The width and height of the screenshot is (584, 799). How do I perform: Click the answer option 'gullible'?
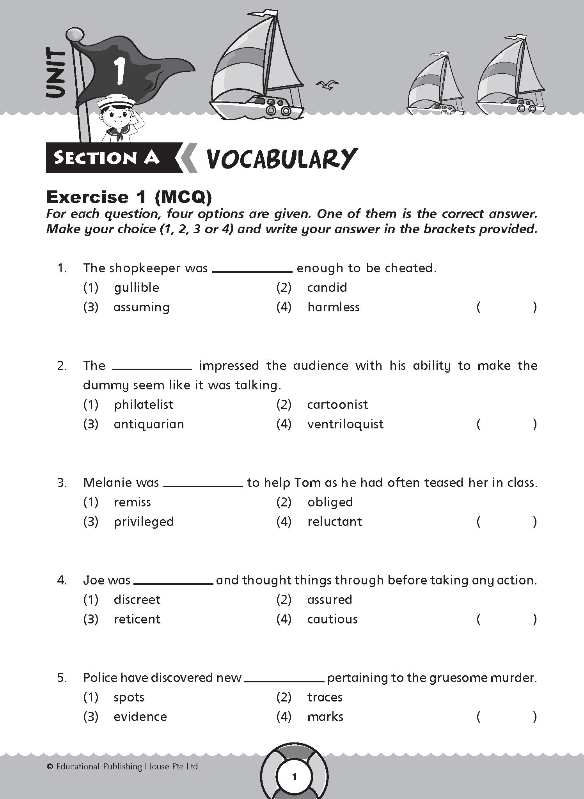[x=137, y=288]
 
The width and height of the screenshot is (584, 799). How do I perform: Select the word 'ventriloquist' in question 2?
[x=345, y=424]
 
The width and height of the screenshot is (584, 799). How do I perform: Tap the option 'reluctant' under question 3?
[x=335, y=522]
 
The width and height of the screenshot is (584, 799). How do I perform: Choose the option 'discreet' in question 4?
[x=137, y=600]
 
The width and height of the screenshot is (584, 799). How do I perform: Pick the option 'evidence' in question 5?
[x=140, y=717]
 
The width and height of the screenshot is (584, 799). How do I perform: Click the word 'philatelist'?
[x=144, y=405]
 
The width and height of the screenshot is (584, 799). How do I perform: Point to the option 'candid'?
[x=327, y=288]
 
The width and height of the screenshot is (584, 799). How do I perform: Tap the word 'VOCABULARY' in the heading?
[x=281, y=159]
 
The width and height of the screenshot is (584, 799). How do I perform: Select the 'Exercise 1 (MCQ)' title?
[x=129, y=197]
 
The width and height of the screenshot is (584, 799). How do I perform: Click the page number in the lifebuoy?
[x=295, y=776]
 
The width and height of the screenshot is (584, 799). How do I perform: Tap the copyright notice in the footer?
[x=122, y=767]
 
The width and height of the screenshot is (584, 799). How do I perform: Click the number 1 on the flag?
[x=118, y=71]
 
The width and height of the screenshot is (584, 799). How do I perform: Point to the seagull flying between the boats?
[x=327, y=85]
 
